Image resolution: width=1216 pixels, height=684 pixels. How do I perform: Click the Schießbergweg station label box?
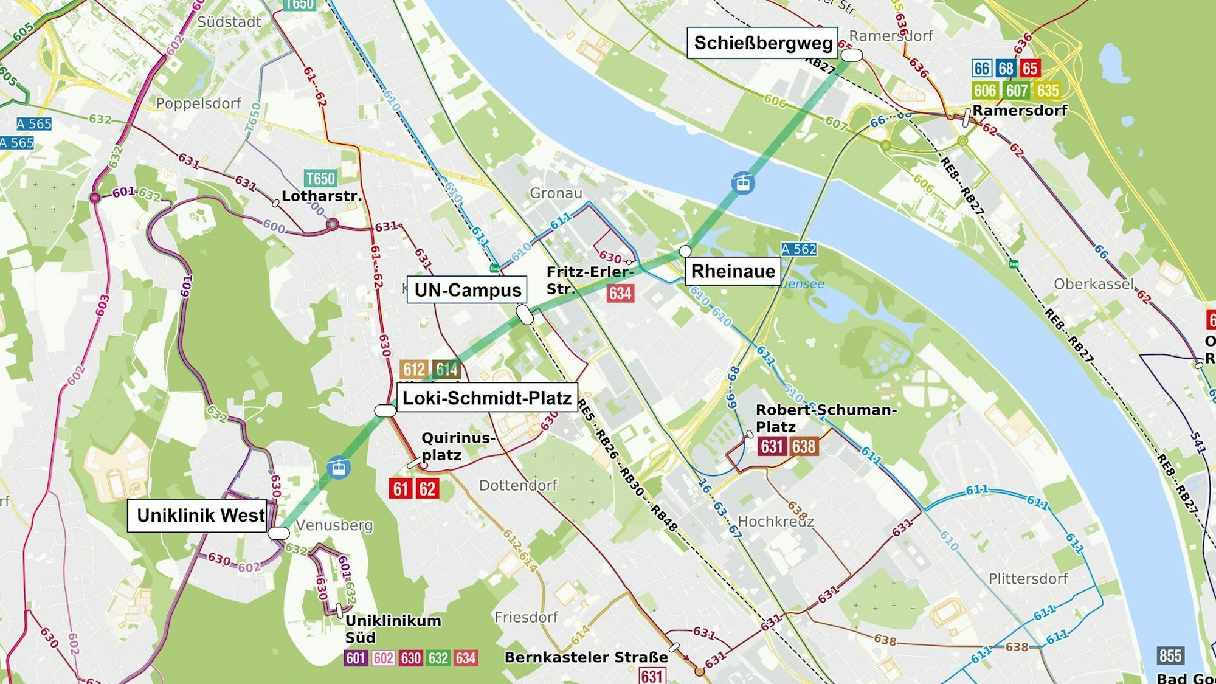(x=762, y=43)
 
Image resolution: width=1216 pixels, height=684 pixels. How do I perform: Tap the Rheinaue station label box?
(x=733, y=271)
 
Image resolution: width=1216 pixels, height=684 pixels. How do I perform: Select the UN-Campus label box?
(x=467, y=290)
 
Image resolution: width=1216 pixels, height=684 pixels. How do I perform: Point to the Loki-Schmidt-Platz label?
(x=487, y=398)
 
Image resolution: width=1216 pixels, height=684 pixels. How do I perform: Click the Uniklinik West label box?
(x=199, y=516)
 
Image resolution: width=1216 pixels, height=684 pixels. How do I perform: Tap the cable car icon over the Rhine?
(x=743, y=182)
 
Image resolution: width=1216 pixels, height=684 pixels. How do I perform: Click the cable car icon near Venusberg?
(x=338, y=467)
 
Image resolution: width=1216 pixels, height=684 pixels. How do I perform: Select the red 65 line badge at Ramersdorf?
(x=1029, y=68)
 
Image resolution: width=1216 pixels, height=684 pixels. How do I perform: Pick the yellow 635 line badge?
(x=1048, y=91)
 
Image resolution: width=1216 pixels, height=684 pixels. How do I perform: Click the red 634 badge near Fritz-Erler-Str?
(x=620, y=294)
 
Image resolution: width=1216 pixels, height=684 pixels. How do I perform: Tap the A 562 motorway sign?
(x=798, y=249)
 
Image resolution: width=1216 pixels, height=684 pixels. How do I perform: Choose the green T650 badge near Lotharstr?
(x=320, y=178)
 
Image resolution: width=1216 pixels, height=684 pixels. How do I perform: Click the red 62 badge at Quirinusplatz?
(x=427, y=488)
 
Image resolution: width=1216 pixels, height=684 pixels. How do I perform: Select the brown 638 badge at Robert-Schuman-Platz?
(x=803, y=446)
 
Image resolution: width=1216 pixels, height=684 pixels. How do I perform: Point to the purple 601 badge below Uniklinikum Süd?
(x=356, y=658)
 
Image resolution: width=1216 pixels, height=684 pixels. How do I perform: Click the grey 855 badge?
(x=1170, y=655)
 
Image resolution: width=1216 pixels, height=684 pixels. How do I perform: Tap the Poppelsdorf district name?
(x=198, y=103)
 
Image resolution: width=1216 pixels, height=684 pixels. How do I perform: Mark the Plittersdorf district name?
(x=1028, y=578)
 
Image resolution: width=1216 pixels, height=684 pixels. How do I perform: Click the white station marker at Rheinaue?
(x=685, y=250)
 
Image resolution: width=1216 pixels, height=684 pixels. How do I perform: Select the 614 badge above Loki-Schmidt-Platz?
(x=446, y=369)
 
